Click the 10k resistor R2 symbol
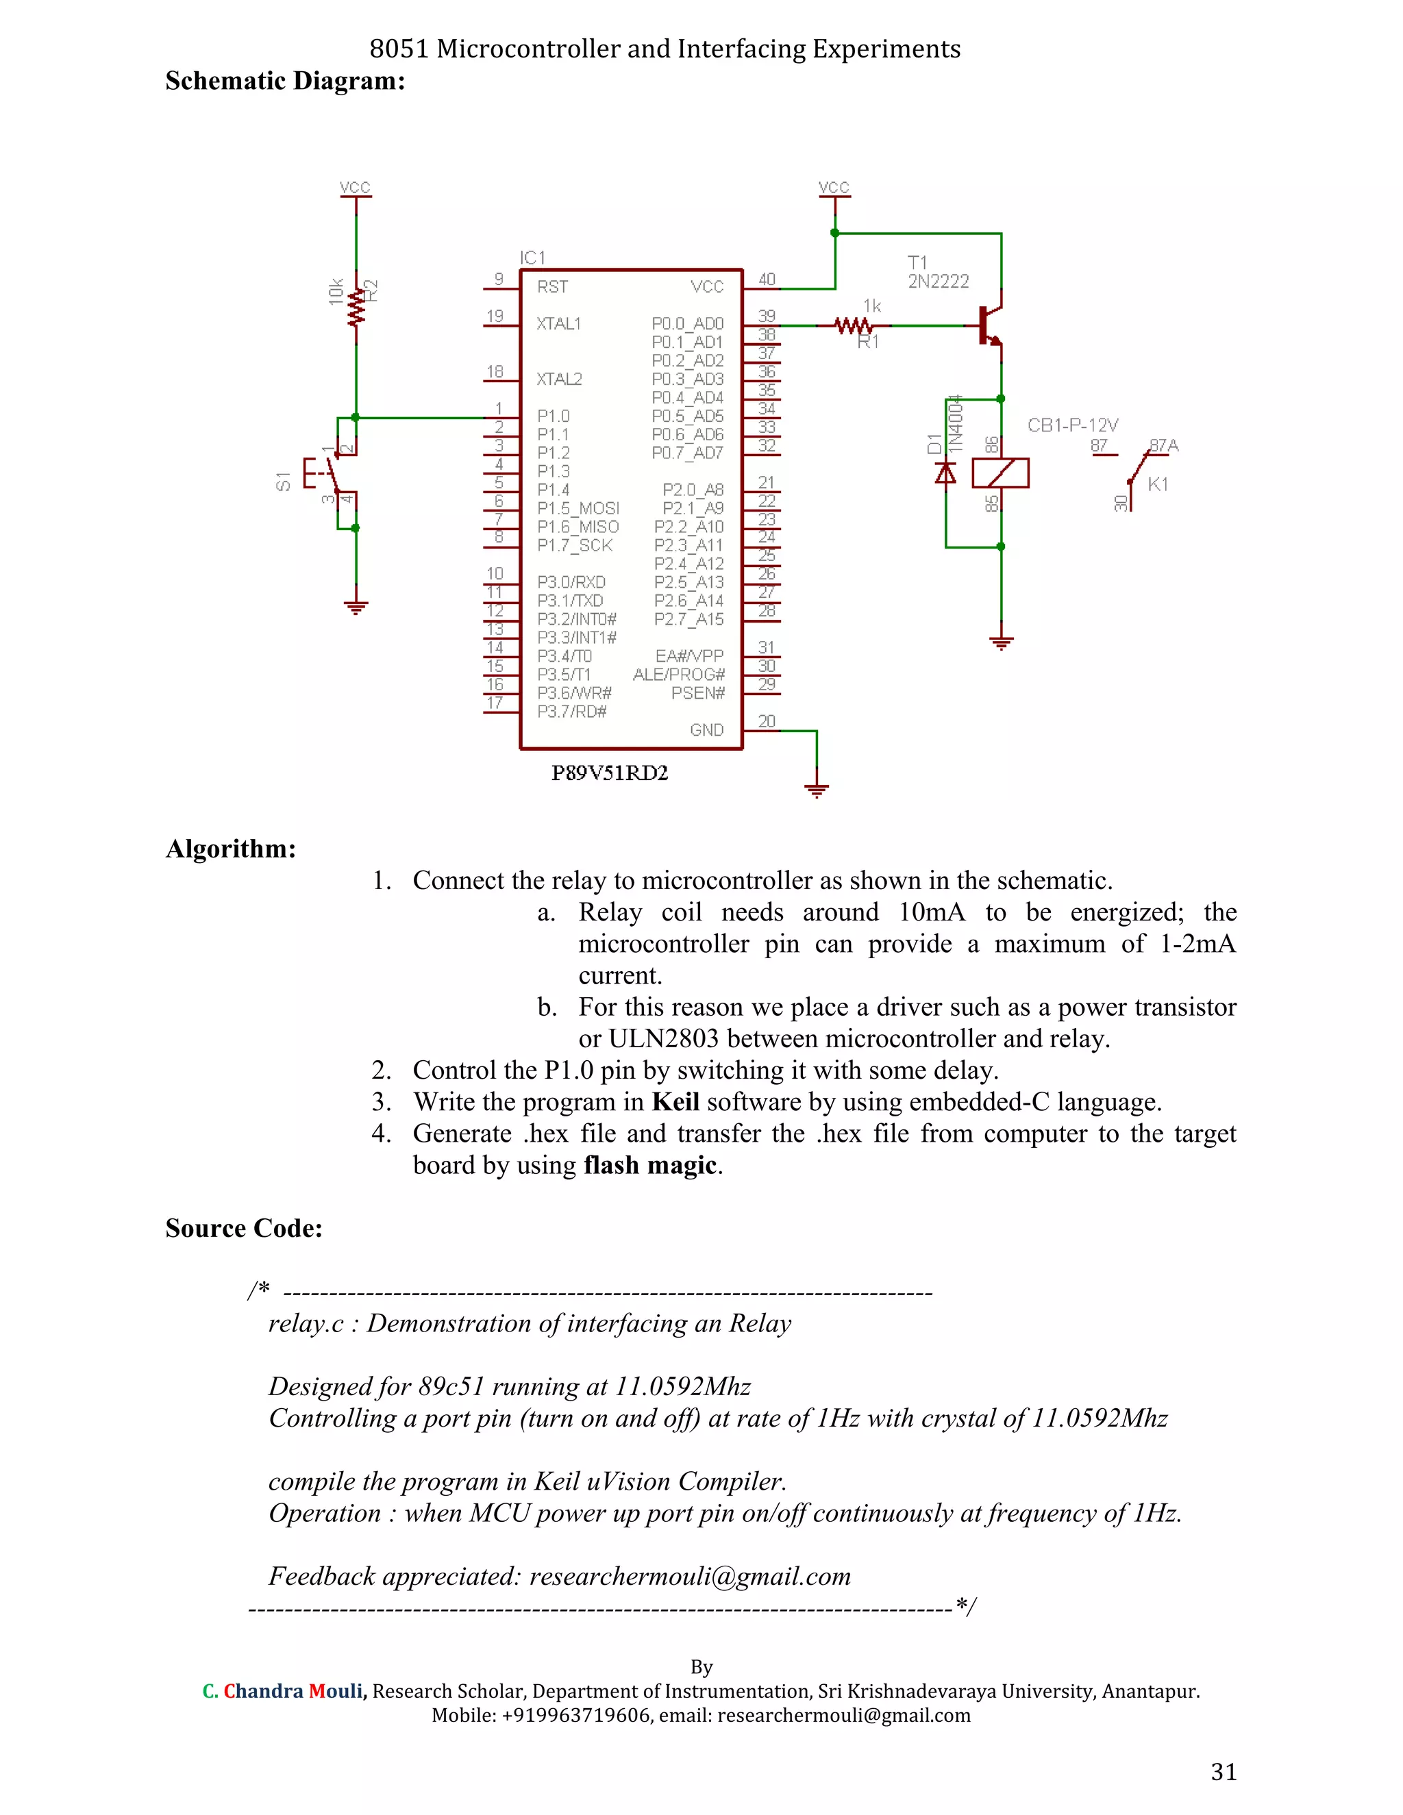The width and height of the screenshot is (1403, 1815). coord(356,306)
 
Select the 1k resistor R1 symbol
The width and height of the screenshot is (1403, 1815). coord(854,326)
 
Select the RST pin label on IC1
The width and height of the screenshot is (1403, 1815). coord(553,288)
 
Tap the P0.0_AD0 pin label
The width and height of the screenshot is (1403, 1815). coord(687,324)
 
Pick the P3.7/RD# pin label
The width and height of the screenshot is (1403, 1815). coord(572,712)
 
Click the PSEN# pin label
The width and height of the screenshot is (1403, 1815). coord(697,693)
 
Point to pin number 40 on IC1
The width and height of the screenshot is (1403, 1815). coord(767,280)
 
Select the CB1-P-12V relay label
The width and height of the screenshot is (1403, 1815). coord(1072,425)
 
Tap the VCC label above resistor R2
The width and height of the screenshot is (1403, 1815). coord(355,188)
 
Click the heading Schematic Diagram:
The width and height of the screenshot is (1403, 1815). coord(285,82)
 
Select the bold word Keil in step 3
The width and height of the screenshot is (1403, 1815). coord(675,1102)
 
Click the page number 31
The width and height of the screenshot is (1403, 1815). coord(1224,1772)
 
